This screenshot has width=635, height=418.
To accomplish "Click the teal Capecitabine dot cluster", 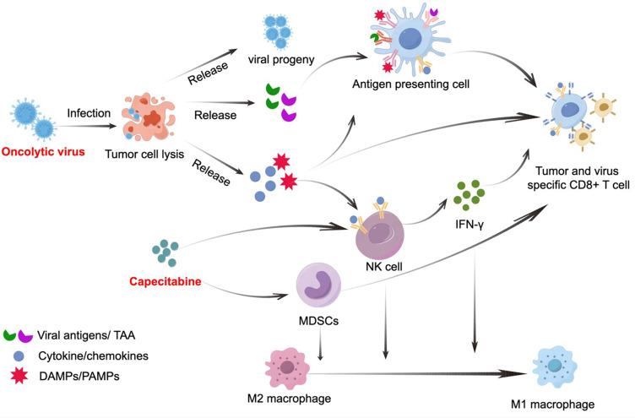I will click(x=166, y=252).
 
